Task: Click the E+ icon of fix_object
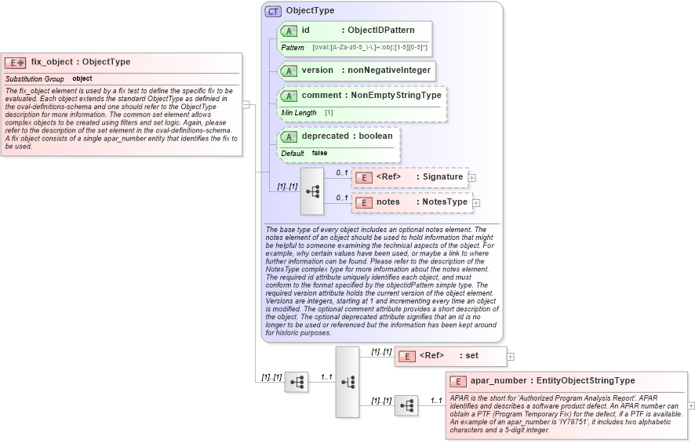tap(16, 63)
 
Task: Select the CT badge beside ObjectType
tap(273, 11)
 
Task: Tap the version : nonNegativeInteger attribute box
tap(358, 71)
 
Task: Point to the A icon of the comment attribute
tap(289, 96)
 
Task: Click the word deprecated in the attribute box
tap(325, 136)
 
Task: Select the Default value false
tap(319, 153)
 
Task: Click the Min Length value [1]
tap(329, 113)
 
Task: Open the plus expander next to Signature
tap(471, 178)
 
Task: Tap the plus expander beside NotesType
tap(476, 203)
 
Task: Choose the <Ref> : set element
tap(449, 356)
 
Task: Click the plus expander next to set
tap(511, 356)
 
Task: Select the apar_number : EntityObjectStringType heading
tap(552, 381)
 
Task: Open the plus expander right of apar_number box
tap(691, 405)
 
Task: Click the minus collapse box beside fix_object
tap(246, 103)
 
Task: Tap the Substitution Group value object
tap(82, 79)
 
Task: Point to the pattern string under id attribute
tap(369, 48)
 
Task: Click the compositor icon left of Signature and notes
tap(312, 191)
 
